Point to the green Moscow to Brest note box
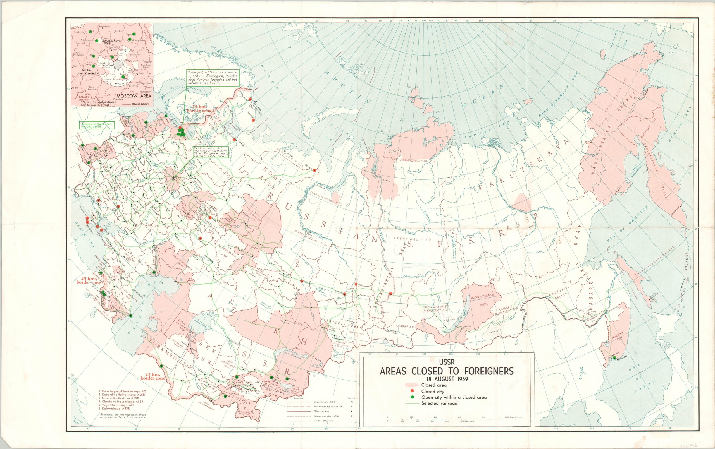coord(97,125)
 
